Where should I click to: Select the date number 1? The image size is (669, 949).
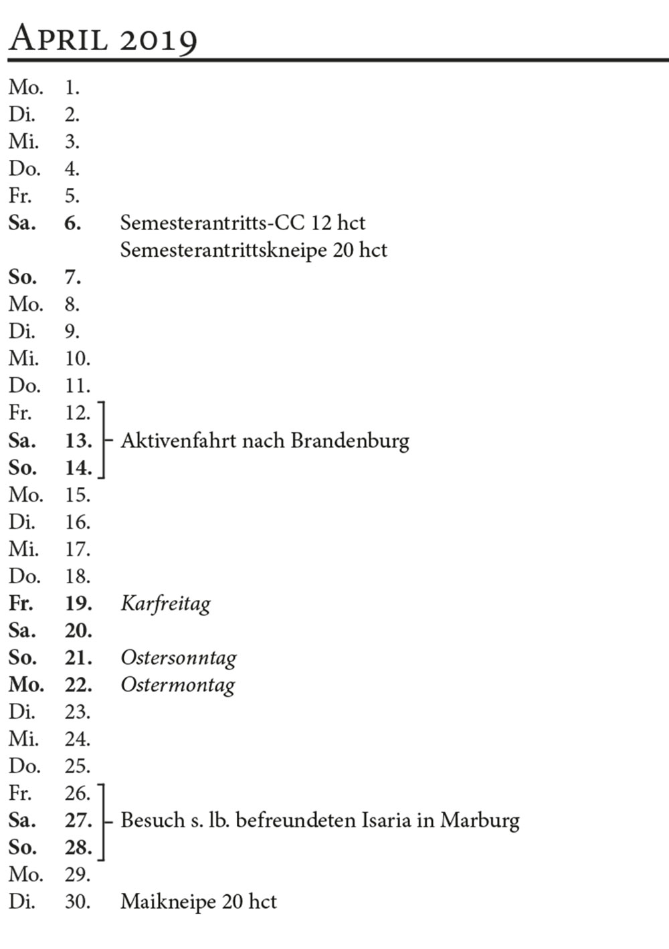(72, 88)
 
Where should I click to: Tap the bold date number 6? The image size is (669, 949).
(72, 223)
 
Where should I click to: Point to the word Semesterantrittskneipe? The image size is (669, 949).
(223, 250)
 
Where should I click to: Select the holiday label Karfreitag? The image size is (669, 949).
(165, 604)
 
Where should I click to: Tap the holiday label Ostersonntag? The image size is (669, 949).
(179, 658)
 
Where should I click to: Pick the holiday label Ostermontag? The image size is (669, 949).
(178, 686)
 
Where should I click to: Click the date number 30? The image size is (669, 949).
(77, 902)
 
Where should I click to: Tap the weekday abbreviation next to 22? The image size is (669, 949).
(26, 686)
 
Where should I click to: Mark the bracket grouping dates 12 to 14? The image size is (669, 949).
(102, 441)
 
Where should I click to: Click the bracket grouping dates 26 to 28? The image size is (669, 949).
(102, 821)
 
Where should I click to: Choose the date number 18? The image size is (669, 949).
(77, 576)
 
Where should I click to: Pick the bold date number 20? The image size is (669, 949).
(78, 631)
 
